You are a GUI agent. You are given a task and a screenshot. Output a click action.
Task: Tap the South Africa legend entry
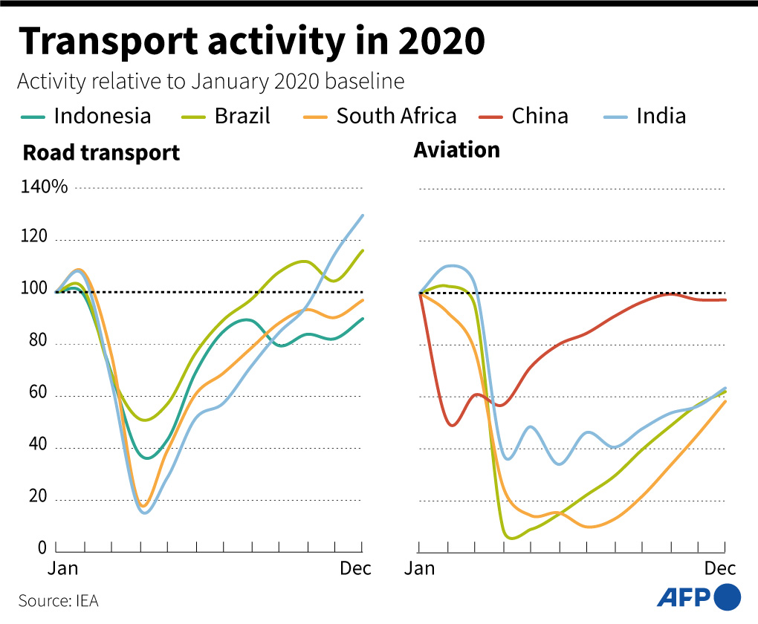coord(396,116)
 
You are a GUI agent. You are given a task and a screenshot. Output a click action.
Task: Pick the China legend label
coord(540,116)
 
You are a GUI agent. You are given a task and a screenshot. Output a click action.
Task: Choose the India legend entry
coord(661,116)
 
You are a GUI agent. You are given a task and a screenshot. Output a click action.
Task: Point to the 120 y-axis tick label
coord(34,238)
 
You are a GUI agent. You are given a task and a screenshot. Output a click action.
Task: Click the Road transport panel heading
coord(101,153)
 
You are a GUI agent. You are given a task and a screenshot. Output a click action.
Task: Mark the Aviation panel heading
coord(456,150)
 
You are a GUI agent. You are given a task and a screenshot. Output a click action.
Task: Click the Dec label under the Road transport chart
coord(355,569)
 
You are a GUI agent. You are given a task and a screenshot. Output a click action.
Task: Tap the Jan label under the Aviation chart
coord(419,569)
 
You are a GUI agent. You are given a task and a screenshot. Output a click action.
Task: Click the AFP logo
coord(699,597)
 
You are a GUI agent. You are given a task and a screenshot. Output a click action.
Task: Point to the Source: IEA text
coord(58,600)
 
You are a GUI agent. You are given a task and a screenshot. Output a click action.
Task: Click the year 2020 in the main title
coord(441,42)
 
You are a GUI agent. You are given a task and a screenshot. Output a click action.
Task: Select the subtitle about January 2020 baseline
coord(210,81)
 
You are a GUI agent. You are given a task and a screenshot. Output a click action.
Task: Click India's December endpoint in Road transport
coord(363,215)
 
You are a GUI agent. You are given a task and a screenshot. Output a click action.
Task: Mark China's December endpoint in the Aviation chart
coord(725,299)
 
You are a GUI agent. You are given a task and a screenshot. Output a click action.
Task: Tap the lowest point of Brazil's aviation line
coord(511,539)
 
